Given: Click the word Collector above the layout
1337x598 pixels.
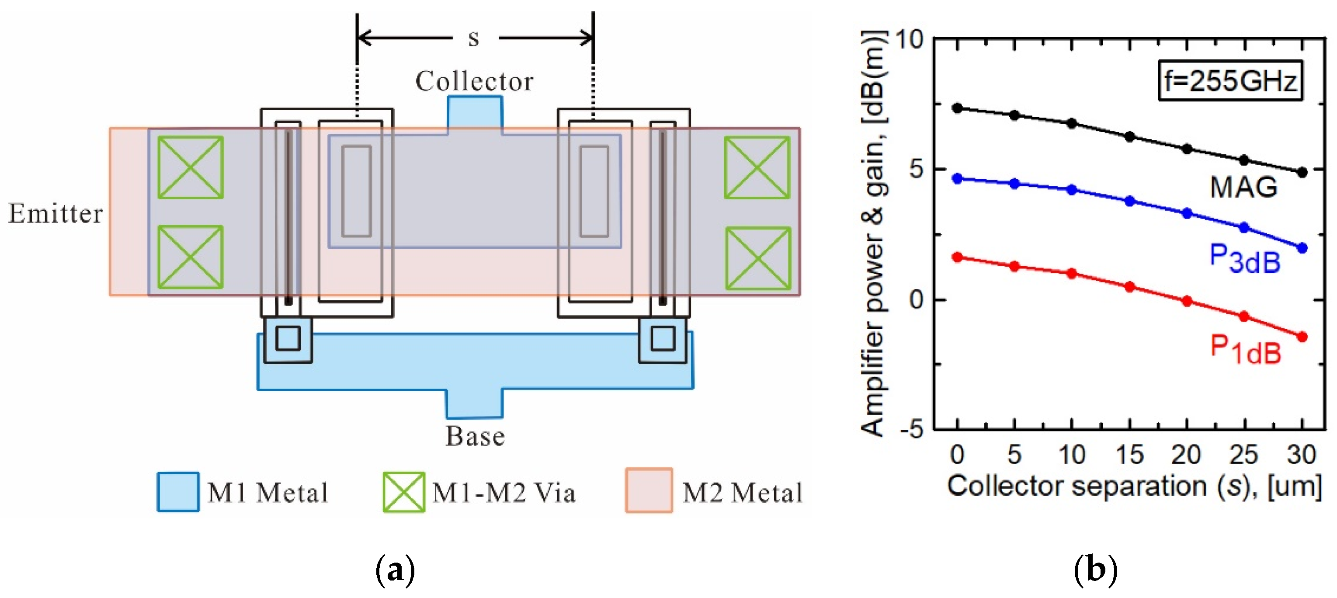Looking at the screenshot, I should coord(474,81).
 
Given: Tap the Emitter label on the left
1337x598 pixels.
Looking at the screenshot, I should coord(56,213).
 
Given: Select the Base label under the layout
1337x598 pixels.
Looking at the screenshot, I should coord(475,436).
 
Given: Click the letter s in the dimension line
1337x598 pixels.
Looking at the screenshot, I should coord(473,38).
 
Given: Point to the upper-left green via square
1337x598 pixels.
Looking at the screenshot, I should coord(191,167).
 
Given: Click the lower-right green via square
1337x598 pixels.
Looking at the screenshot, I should coord(758,258).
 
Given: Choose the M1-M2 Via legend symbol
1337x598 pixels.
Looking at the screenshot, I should coord(404,492).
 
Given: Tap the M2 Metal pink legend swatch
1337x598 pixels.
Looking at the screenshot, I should coord(649,490).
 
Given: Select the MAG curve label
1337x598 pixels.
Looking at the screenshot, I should coord(1243,187).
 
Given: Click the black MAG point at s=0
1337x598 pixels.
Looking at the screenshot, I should coord(958,108).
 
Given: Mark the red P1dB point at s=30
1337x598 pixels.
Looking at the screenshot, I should coord(1302,337).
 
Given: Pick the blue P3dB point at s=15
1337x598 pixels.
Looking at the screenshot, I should coord(1130,202).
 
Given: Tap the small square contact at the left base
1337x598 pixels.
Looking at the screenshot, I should coord(288,338).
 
